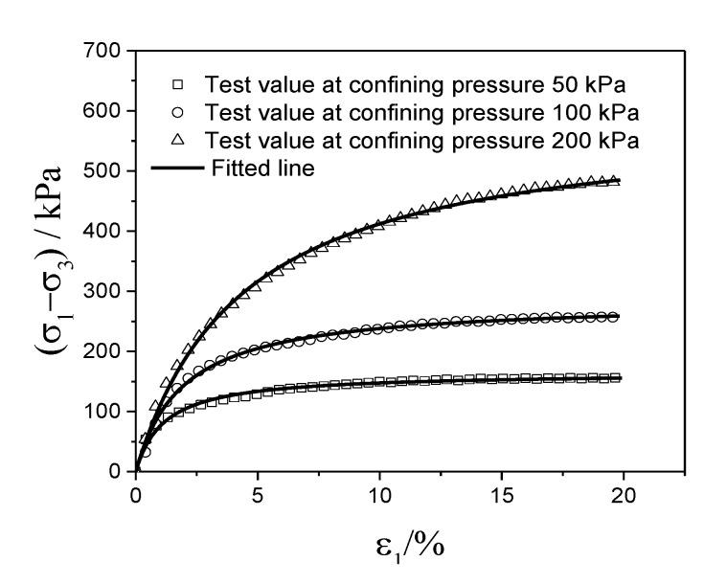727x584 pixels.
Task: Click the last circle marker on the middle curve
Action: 615,316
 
